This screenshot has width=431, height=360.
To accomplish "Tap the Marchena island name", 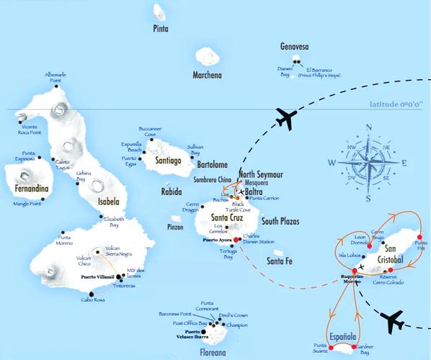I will click(207, 75).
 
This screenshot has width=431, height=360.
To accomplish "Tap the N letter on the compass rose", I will click(368, 128).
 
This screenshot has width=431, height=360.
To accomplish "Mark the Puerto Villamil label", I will click(99, 277).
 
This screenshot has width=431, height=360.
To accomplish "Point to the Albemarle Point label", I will click(55, 77).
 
